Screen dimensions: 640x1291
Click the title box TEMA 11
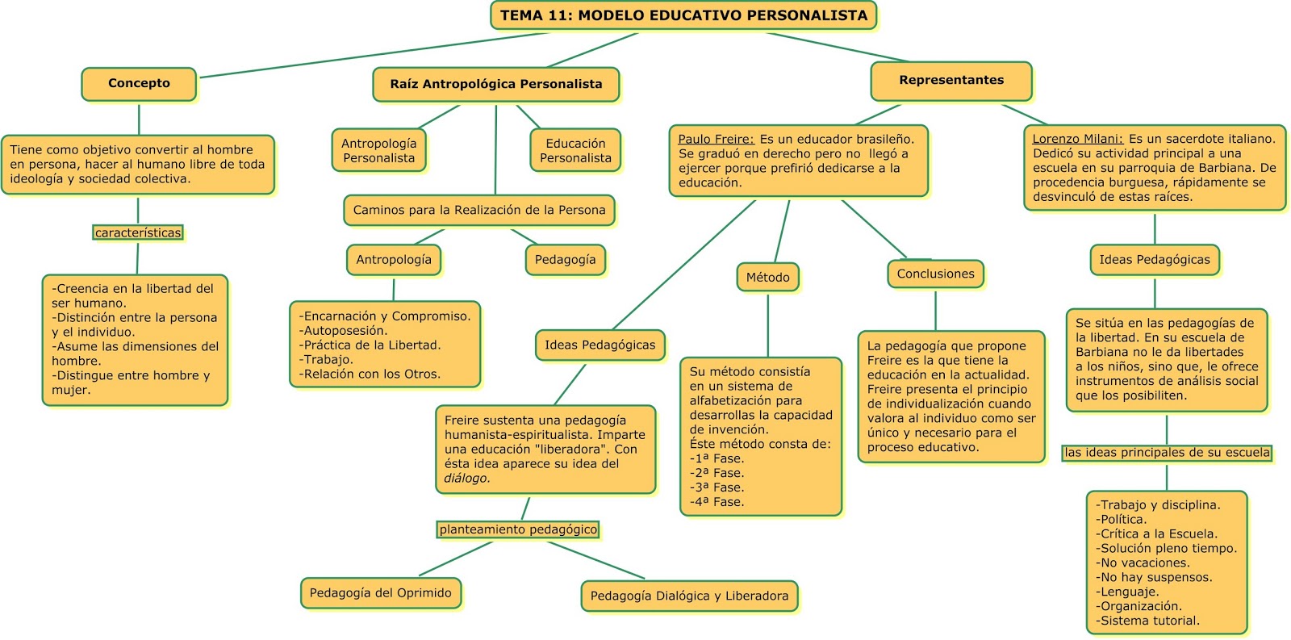point(683,15)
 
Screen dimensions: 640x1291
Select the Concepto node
point(139,83)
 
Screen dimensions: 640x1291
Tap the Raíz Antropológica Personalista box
point(495,84)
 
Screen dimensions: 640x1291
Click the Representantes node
point(951,80)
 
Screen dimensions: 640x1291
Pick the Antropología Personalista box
point(378,151)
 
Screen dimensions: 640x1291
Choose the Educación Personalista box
point(575,151)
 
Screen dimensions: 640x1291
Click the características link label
point(138,233)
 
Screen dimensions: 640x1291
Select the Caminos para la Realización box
point(479,210)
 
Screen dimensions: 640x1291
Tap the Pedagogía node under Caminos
point(565,260)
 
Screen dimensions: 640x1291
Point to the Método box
point(767,278)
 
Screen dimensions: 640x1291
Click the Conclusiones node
point(935,274)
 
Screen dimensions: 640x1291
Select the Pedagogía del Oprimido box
point(380,593)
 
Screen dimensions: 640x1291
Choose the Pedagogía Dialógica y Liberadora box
point(689,596)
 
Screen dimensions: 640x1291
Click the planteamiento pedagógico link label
point(518,530)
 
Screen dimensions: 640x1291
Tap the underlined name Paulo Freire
point(716,139)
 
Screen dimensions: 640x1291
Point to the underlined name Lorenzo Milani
point(1077,139)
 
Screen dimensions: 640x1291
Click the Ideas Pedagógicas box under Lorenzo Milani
point(1154,260)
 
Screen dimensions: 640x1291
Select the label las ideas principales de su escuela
point(1167,453)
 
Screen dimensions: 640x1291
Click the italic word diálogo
point(466,479)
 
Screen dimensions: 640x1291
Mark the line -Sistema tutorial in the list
point(1149,621)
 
